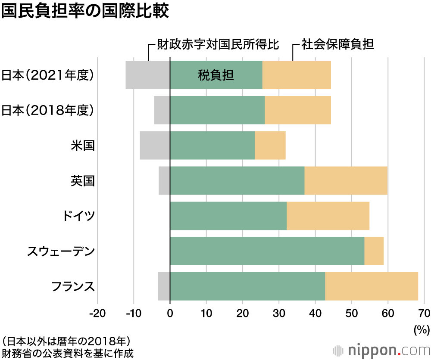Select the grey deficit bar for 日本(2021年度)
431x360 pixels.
point(148,75)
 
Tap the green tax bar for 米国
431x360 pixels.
point(212,145)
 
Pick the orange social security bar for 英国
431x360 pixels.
point(346,180)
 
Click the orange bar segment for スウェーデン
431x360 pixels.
point(374,251)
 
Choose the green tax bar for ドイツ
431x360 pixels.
point(228,216)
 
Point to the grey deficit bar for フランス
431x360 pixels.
point(164,286)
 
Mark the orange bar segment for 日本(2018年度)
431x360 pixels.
point(297,110)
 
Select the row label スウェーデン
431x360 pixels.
point(60,251)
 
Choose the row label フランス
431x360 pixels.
point(72,286)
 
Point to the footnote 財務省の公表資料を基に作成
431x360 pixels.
point(67,353)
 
